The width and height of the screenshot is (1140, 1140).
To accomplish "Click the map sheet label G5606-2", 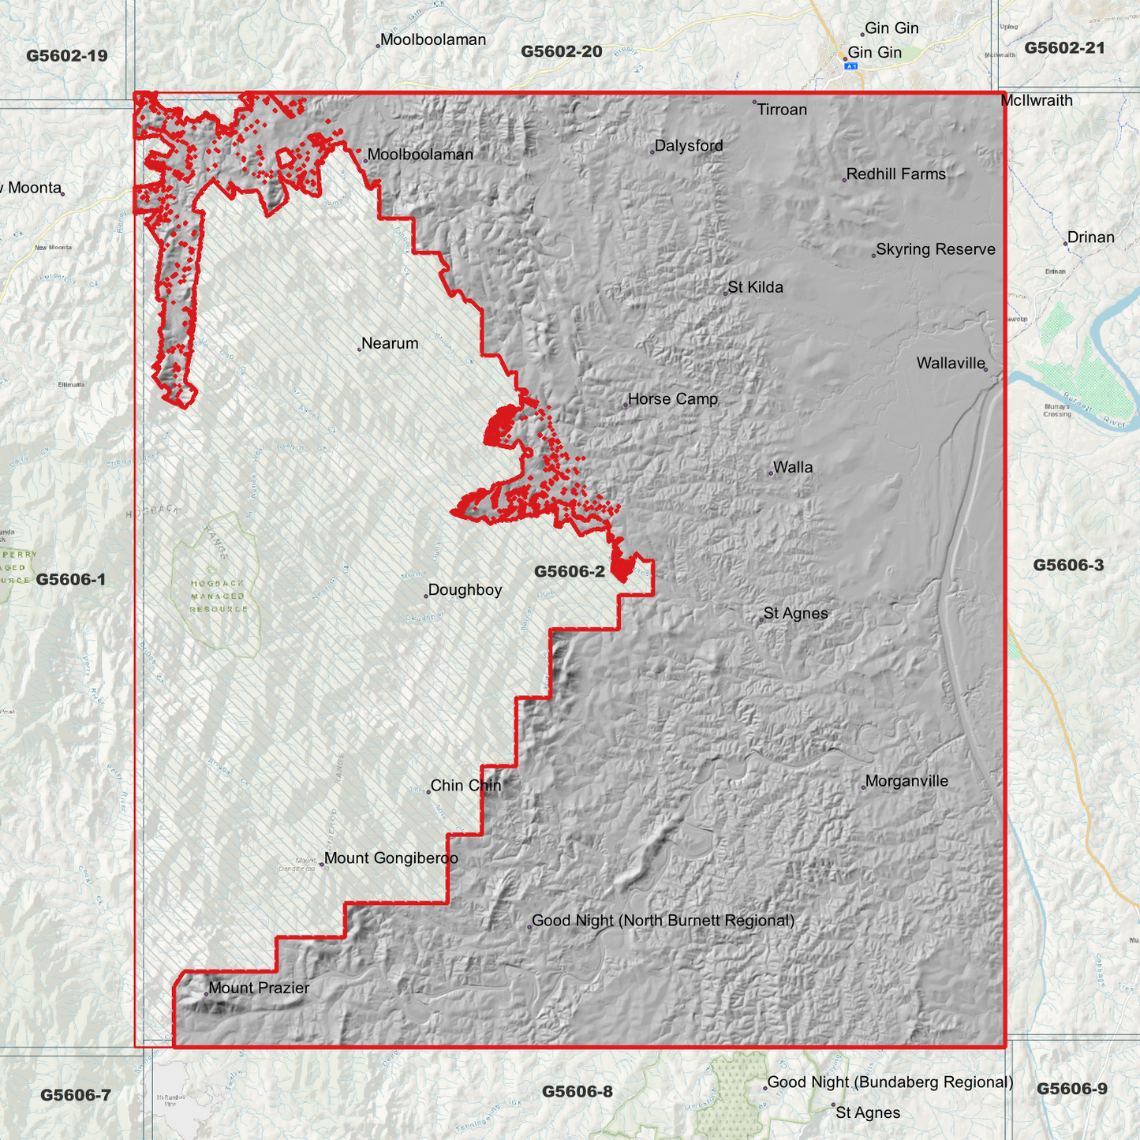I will coord(569,572).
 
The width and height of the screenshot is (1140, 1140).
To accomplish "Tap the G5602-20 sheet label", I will coord(561,52).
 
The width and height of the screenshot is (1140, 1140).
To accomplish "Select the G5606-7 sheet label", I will coord(76,1095).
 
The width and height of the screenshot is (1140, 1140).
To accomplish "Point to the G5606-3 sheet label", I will coord(1068,565).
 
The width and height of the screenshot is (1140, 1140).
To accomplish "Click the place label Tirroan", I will coord(781,110).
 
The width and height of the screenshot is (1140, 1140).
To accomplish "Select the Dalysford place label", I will coord(688,146).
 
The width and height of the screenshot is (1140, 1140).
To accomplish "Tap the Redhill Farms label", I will coord(895,174).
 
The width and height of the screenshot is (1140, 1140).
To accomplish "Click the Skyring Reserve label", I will coord(935,249).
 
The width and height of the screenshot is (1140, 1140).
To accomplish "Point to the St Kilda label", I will coord(755,287).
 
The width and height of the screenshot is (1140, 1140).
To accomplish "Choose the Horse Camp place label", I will coord(672,399).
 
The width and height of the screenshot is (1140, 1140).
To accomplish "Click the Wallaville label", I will coord(951,364).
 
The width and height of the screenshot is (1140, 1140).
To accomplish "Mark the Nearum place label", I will coord(390,344).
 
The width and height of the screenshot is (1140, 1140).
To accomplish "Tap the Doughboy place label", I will coord(464,590).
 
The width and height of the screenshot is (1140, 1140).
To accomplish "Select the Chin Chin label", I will coord(465,786).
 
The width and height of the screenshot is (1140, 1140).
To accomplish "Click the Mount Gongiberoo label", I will coord(391,858).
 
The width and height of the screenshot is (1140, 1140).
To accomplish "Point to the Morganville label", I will coord(906,782).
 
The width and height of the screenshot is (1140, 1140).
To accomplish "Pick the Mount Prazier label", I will coord(259,989).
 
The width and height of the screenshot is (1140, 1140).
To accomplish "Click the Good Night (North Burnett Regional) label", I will coord(663,921).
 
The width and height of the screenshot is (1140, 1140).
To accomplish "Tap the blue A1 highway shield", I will coord(850,66).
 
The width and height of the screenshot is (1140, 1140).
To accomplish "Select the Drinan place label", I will coord(1090,237).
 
